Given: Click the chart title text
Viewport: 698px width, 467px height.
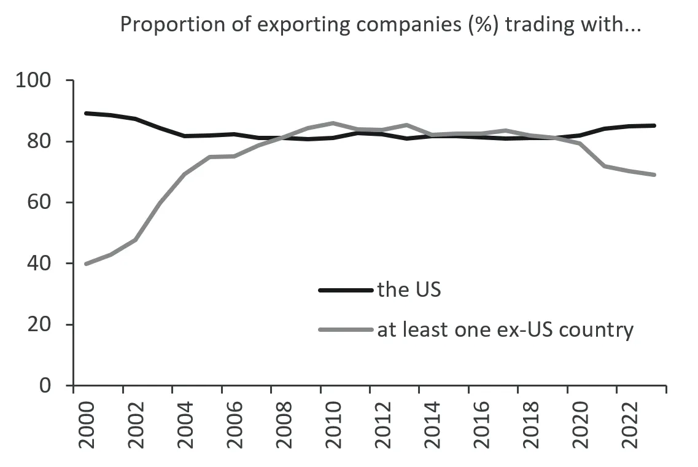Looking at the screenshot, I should pyautogui.click(x=380, y=25).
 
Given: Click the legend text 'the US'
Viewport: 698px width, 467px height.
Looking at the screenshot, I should pyautogui.click(x=409, y=289).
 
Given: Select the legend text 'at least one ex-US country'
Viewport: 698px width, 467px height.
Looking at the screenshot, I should pyautogui.click(x=505, y=330).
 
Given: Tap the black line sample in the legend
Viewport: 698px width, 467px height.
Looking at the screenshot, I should pyautogui.click(x=346, y=290).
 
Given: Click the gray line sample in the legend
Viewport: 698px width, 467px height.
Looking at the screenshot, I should pyautogui.click(x=346, y=330).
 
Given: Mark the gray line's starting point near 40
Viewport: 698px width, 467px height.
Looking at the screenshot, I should pyautogui.click(x=87, y=264).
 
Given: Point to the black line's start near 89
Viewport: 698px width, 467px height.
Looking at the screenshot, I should pyautogui.click(x=87, y=113).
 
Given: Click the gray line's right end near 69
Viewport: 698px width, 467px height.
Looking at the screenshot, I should pyautogui.click(x=654, y=175).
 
